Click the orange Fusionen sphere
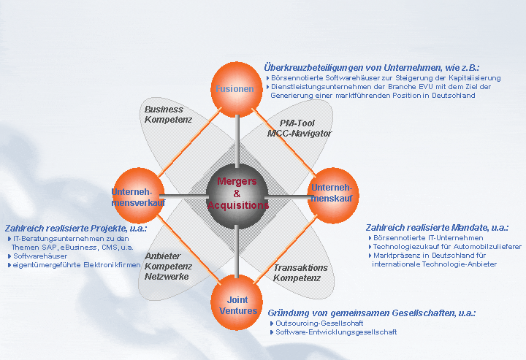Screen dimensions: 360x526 click(235, 88)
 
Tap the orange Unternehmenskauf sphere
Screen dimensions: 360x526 click(332, 194)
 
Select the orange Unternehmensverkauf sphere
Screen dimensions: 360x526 click(138, 194)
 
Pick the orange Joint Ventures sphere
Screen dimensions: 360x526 click(237, 304)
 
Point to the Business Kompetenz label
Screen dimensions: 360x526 click(164, 114)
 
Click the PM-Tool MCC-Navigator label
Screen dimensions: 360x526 click(299, 129)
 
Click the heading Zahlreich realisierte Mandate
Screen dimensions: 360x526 click(438, 226)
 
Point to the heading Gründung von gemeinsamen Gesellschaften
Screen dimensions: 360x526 click(372, 313)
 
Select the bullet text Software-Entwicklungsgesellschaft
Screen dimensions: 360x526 click(336, 332)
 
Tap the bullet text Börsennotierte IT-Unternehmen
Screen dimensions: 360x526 click(427, 238)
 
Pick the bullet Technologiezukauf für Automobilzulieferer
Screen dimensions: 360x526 click(446, 247)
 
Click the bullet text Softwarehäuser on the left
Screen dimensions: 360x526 click(40, 256)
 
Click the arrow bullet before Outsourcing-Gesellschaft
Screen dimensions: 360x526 click(272, 323)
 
